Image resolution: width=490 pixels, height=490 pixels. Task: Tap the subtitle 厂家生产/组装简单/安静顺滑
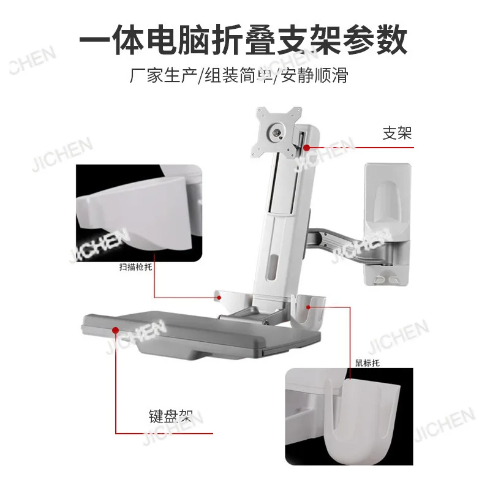click(239, 76)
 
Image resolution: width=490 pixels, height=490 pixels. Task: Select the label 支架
click(397, 134)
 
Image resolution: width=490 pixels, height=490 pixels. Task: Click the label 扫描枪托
click(135, 267)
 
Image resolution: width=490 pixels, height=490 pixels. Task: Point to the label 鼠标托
click(367, 363)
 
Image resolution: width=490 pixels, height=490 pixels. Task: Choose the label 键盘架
click(171, 417)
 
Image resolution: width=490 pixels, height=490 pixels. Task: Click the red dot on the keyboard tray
click(116, 330)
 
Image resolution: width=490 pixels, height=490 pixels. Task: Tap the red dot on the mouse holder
click(309, 307)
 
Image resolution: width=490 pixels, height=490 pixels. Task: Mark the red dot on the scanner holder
click(219, 298)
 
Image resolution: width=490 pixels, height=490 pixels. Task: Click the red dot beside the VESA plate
click(307, 148)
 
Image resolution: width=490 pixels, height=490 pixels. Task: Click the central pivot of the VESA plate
click(277, 131)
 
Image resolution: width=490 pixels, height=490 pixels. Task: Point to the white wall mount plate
click(388, 224)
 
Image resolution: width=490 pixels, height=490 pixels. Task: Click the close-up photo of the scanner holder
click(139, 213)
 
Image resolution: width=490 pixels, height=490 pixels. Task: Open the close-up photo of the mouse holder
click(349, 417)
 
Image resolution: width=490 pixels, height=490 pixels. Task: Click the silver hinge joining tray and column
click(244, 315)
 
